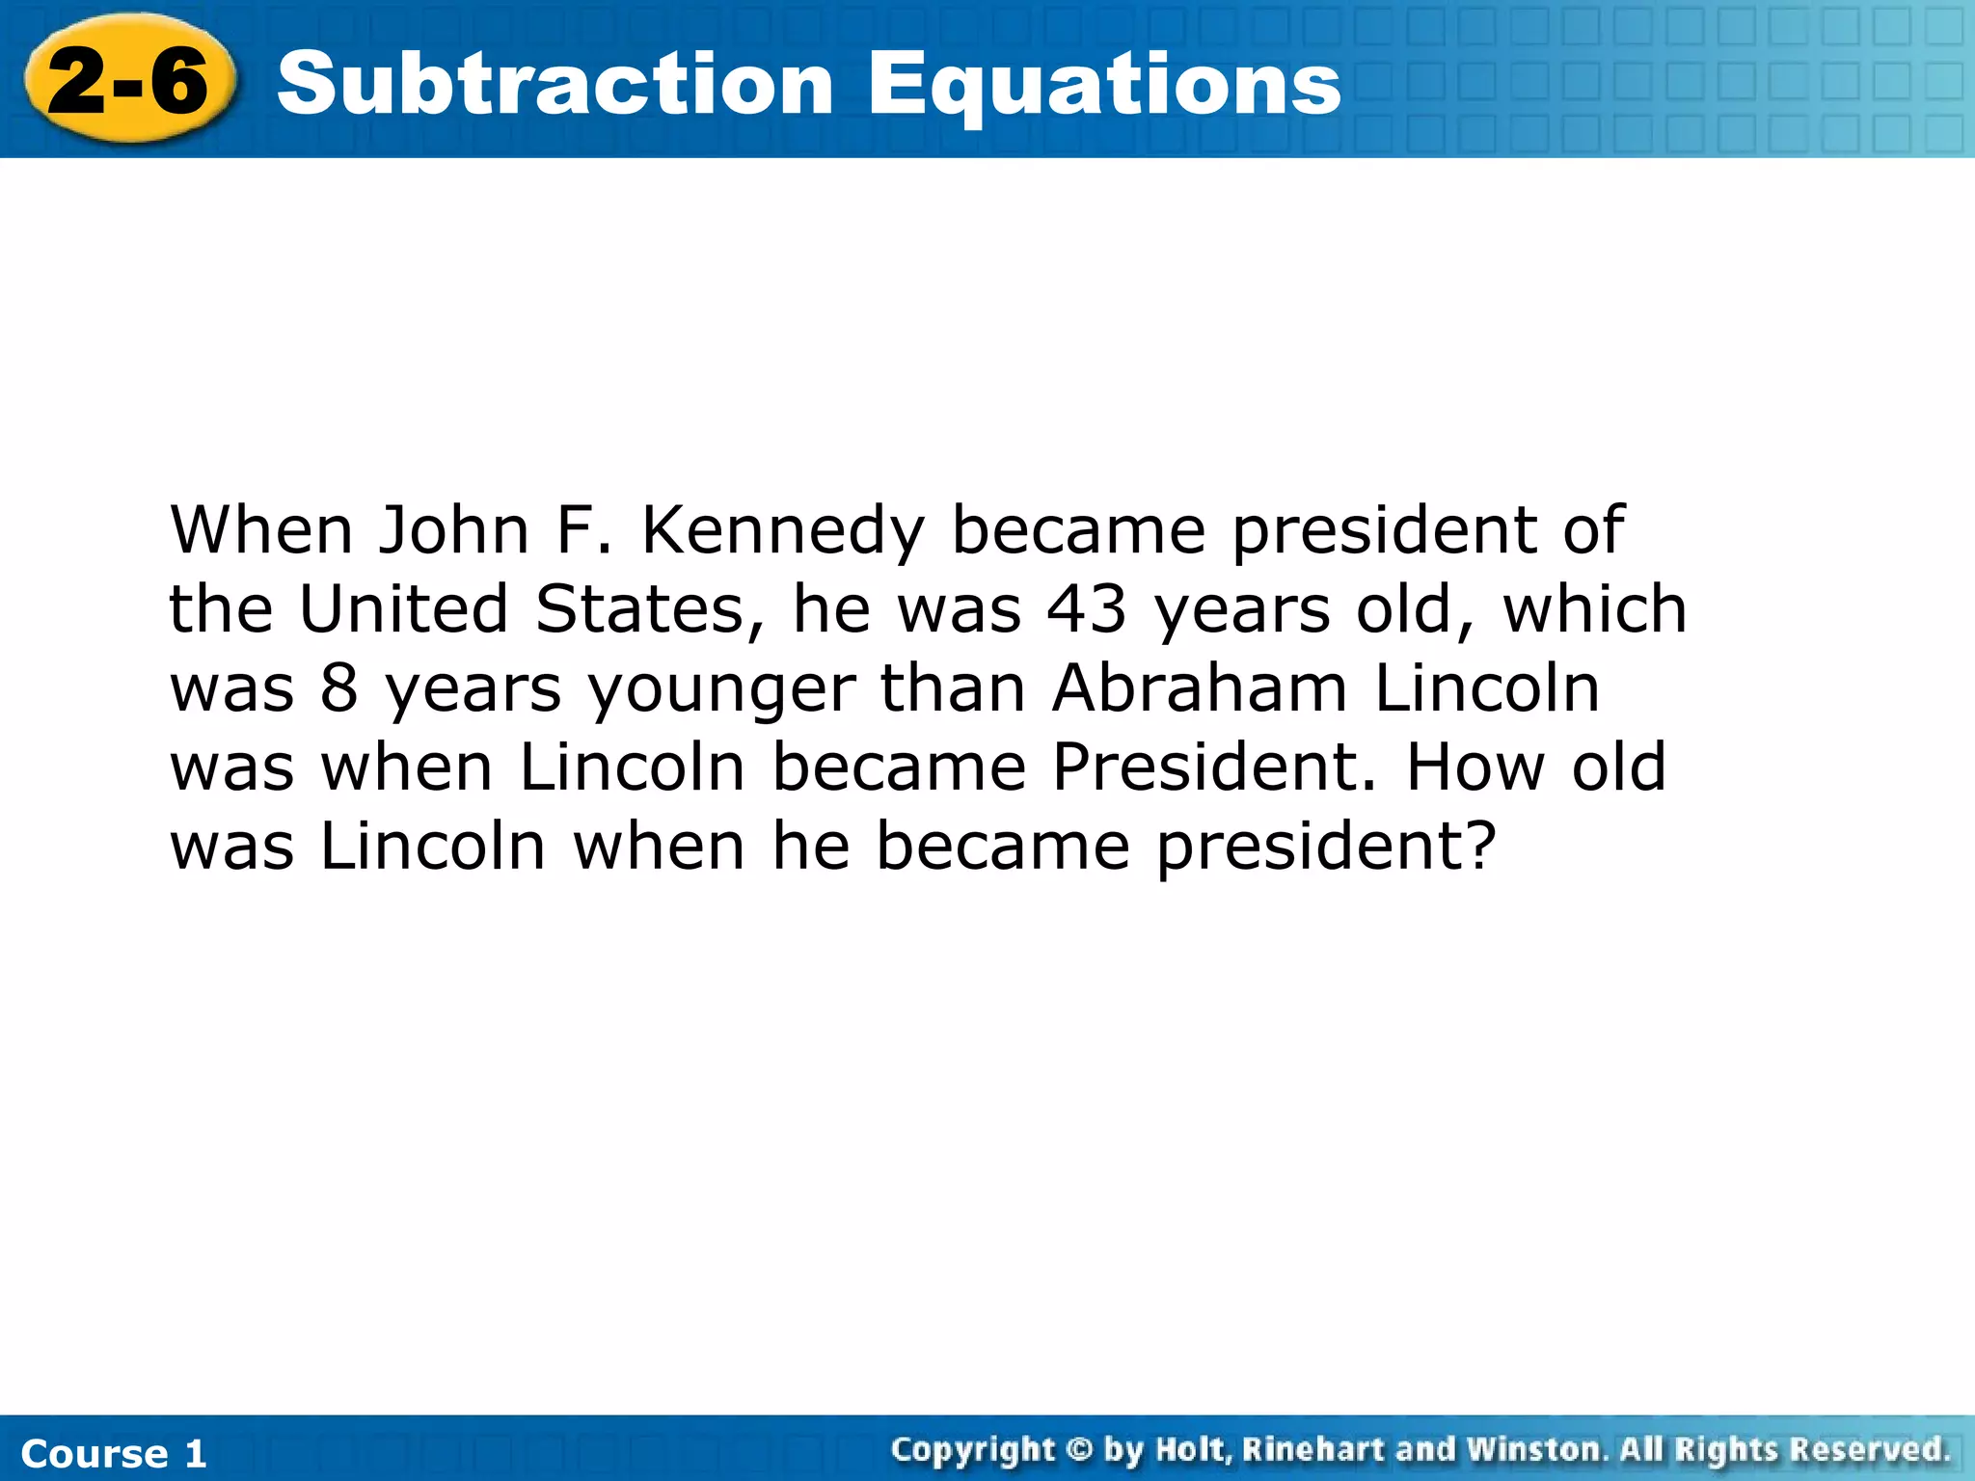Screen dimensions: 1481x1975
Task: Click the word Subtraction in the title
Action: pos(555,84)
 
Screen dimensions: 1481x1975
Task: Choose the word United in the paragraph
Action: pos(403,609)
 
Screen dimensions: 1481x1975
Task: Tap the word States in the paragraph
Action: pos(649,610)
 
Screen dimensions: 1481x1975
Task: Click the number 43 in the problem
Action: pos(1087,609)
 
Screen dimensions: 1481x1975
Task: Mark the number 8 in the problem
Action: pos(339,689)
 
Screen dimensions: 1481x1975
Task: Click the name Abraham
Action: pos(1199,688)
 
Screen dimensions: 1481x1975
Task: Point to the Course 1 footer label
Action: pos(114,1453)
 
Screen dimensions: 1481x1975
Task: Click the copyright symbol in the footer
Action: pos(1080,1449)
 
